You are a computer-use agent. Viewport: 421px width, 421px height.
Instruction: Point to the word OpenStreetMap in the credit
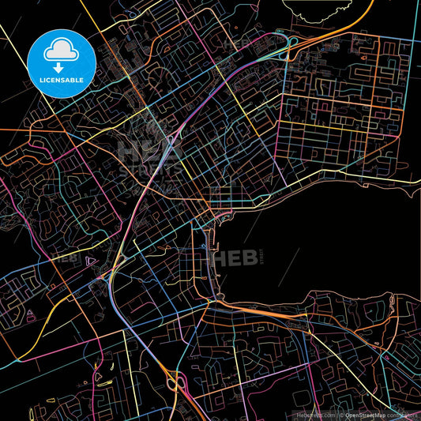point(366,414)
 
